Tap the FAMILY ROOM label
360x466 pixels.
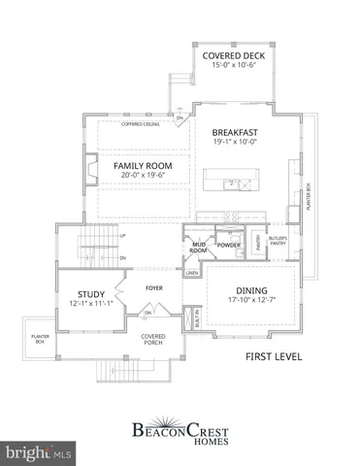pos(143,166)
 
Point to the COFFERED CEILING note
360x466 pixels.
pos(140,123)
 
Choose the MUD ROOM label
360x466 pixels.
pos(197,250)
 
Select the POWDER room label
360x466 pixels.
pos(229,245)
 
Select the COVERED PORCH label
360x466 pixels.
pos(152,339)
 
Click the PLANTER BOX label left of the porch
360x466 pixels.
pos(40,340)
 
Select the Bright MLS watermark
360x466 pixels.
pos(39,452)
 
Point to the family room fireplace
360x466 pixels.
pos(89,174)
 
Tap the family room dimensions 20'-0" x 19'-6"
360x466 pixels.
pos(143,178)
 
